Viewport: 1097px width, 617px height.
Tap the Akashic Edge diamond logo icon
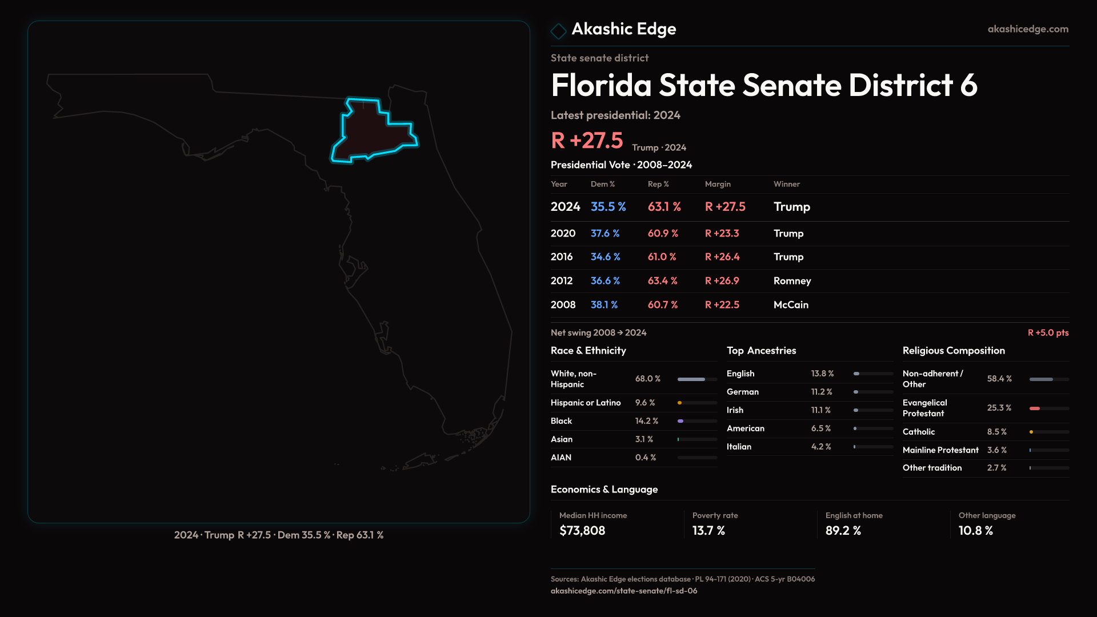558,31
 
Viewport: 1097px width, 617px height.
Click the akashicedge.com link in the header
1027,29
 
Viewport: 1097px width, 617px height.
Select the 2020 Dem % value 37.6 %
604,234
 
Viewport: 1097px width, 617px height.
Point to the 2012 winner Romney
792,281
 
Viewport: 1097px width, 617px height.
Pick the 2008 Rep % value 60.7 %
662,305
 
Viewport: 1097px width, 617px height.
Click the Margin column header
718,184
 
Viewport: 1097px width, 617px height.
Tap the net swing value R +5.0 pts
1047,332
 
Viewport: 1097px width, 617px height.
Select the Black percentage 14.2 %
646,421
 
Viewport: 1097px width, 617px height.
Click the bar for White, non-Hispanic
696,379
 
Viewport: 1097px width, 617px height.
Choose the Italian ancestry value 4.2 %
820,447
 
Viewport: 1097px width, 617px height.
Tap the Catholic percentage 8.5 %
996,432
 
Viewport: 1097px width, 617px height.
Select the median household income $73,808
582,531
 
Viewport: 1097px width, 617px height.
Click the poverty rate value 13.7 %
708,531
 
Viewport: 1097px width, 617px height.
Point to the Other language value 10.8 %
975,531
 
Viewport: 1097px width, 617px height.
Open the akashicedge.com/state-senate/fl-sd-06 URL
623,591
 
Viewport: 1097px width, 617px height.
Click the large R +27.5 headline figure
587,141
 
